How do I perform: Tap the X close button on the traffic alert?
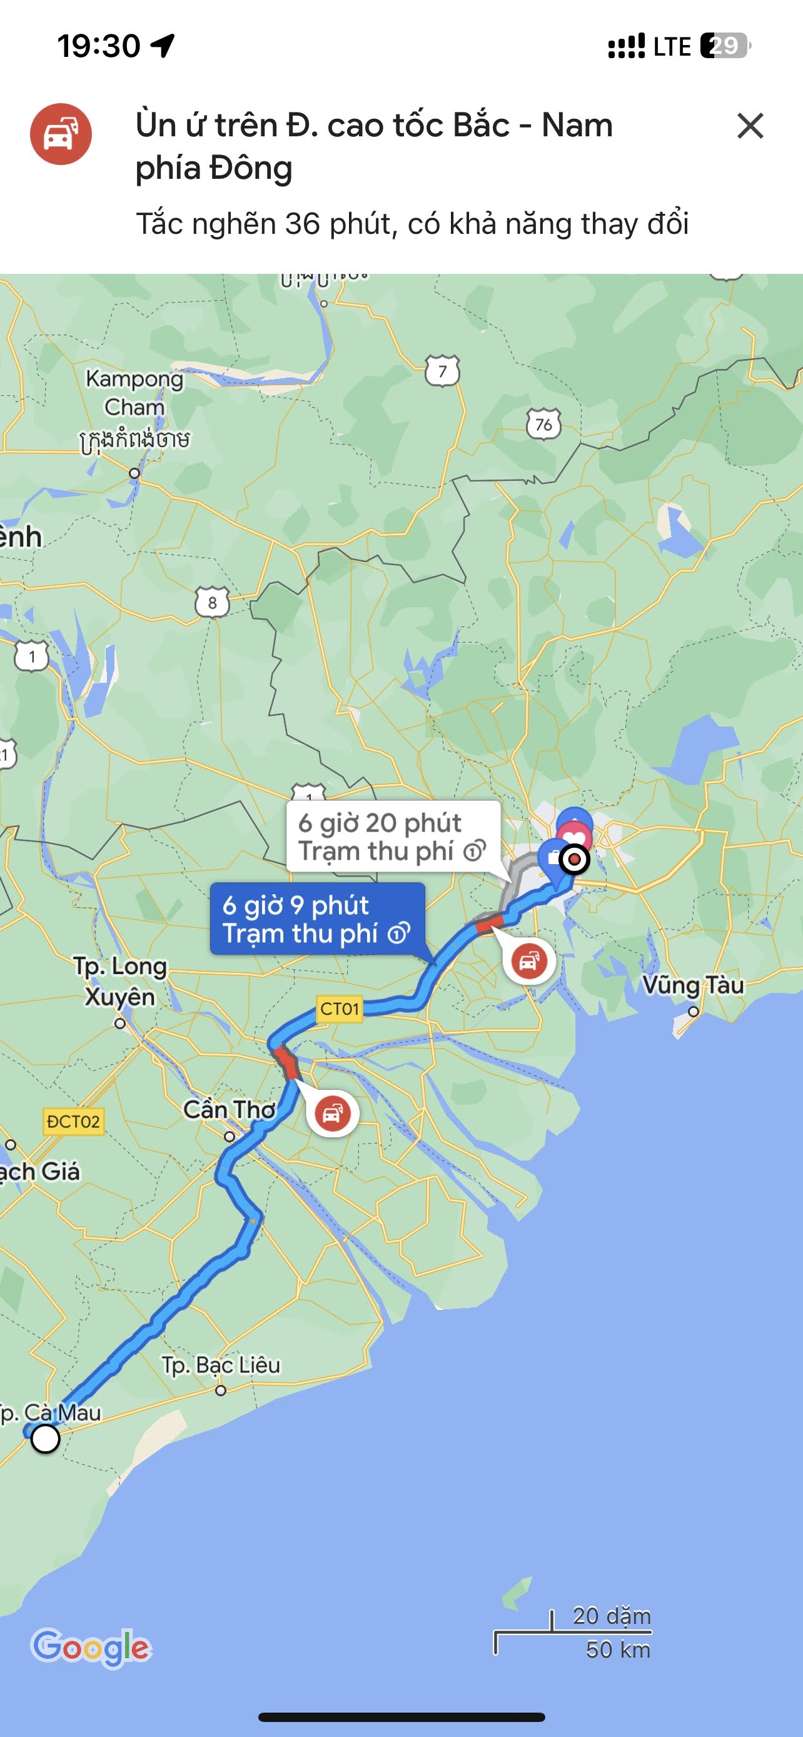750,126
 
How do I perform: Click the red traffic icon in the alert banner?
61,134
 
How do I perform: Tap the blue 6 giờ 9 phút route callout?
318,919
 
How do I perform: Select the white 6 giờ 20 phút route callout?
393,836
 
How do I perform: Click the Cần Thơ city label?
230,1109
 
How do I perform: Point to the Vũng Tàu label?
693,985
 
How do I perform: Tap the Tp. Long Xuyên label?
120,981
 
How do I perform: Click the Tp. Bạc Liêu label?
221,1365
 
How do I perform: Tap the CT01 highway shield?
340,1009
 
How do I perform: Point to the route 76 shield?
543,424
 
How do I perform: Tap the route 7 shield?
442,371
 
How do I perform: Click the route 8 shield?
213,602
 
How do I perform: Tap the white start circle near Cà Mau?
45,1438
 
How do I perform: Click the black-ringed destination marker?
575,859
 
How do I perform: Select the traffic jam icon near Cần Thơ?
332,1113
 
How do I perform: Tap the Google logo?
92,1648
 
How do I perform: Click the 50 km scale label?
618,1649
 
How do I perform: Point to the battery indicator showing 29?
724,46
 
